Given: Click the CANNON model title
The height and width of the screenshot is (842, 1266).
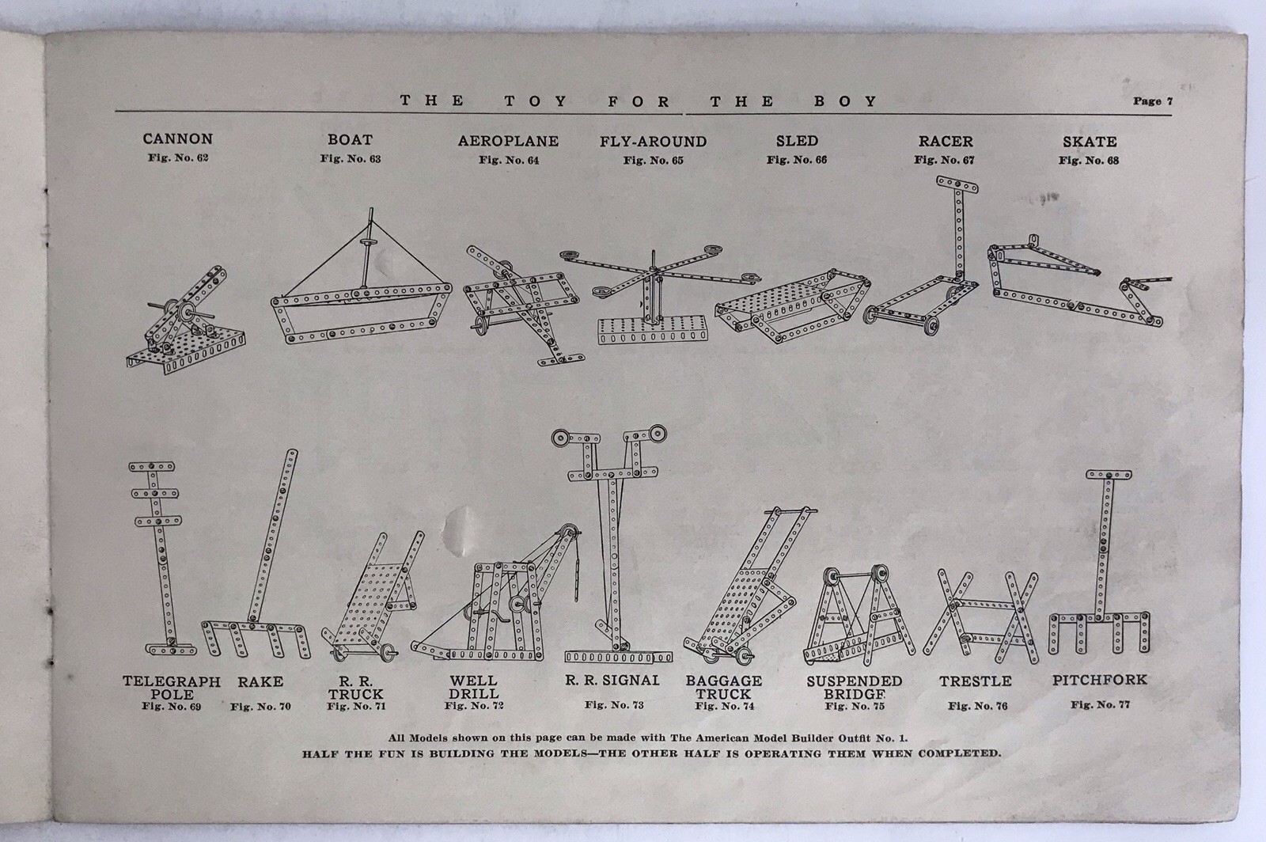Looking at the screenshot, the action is pos(177,139).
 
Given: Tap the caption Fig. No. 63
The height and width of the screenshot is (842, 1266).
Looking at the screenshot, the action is pos(351,159).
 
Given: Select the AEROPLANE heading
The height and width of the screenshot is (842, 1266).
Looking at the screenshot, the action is pos(508,142).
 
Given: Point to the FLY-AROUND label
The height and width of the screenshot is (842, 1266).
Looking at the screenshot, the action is pos(654,142).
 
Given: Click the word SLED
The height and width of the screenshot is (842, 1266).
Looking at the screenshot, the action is pos(797,141).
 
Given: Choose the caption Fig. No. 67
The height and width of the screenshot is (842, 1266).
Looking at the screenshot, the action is pos(945,160).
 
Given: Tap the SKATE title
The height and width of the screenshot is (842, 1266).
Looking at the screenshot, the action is pos(1090,142).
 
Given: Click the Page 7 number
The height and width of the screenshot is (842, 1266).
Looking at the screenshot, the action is pos(1153,102).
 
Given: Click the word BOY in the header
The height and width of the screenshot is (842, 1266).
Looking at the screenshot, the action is pos(846,102).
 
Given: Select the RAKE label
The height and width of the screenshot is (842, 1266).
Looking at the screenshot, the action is pos(260,682).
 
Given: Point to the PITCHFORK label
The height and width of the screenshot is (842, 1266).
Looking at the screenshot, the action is pos(1100,681).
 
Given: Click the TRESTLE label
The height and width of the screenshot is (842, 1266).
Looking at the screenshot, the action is pos(976,681).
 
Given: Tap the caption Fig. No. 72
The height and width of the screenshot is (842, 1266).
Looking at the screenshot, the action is pos(474,706).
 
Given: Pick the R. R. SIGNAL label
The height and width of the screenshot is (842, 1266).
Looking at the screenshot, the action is pos(612,681).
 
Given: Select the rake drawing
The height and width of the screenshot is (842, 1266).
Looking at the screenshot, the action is pos(256,554).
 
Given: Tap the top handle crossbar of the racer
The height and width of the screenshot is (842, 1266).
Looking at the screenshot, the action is pos(957,185).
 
